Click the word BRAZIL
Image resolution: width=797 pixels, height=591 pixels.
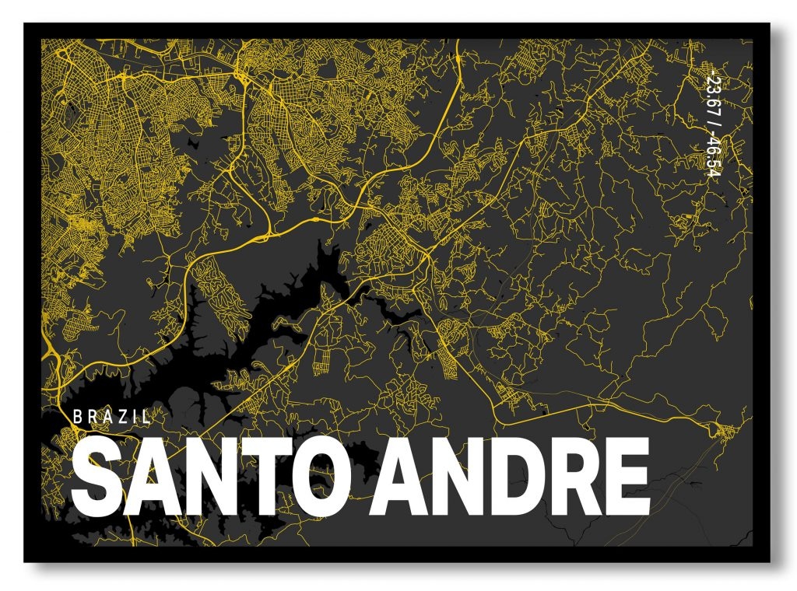point(111,416)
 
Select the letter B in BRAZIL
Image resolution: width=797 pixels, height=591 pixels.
point(77,416)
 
